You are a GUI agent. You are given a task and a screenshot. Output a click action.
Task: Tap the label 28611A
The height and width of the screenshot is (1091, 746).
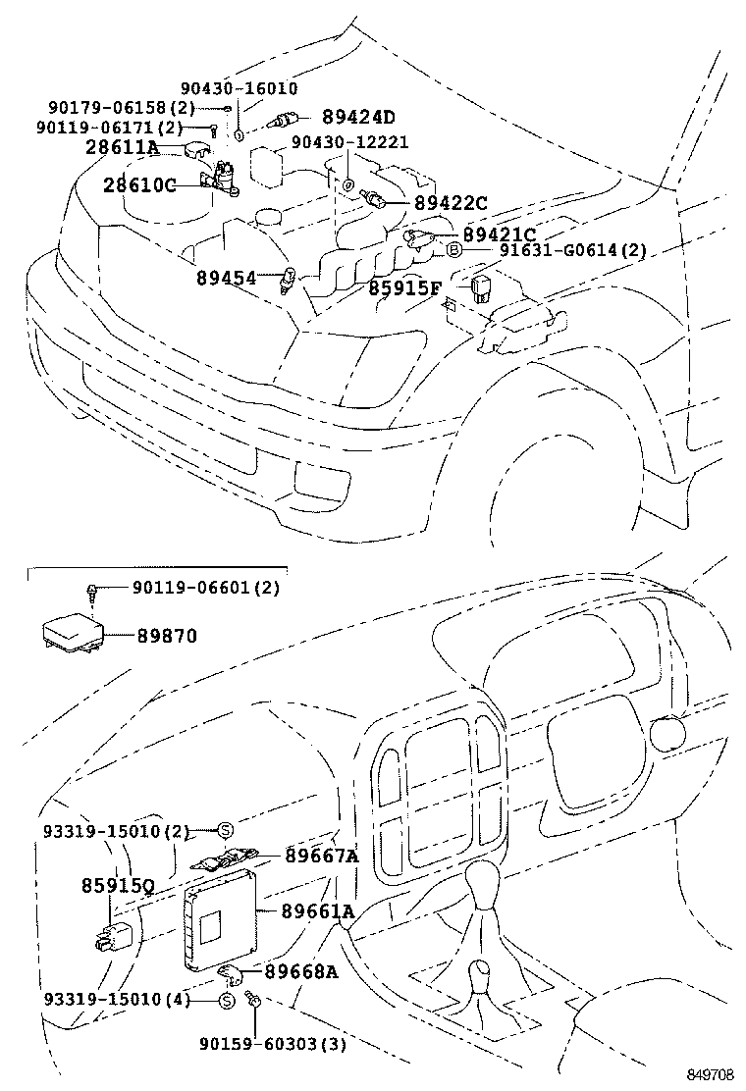pyautogui.click(x=122, y=148)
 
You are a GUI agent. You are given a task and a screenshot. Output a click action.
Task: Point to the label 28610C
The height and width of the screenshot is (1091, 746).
pyautogui.click(x=140, y=184)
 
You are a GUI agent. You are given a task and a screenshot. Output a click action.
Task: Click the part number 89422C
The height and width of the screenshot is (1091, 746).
pyautogui.click(x=450, y=203)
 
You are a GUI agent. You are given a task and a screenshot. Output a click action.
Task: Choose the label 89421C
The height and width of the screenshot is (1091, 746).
pyautogui.click(x=500, y=234)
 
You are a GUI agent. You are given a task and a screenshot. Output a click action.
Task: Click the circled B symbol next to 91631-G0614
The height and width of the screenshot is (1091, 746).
pyautogui.click(x=454, y=251)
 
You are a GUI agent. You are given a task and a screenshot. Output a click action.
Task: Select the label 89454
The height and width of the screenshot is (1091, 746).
pyautogui.click(x=226, y=279)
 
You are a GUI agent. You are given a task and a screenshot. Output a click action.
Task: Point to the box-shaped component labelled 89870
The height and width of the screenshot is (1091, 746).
pyautogui.click(x=68, y=634)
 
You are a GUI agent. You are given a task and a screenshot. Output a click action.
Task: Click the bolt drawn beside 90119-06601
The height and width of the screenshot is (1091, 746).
pyautogui.click(x=91, y=592)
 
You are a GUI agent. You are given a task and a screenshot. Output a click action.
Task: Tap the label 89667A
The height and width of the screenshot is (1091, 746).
pyautogui.click(x=322, y=855)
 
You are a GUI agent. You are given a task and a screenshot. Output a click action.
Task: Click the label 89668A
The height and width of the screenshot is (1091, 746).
pyautogui.click(x=300, y=971)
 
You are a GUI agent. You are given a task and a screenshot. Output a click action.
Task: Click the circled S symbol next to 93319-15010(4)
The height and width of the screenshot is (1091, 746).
pyautogui.click(x=225, y=1001)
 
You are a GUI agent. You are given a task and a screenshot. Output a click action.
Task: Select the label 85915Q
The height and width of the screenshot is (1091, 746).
pyautogui.click(x=117, y=886)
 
